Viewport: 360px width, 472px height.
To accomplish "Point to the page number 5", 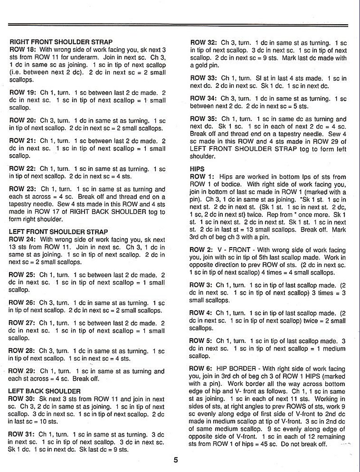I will coord(176,460).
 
